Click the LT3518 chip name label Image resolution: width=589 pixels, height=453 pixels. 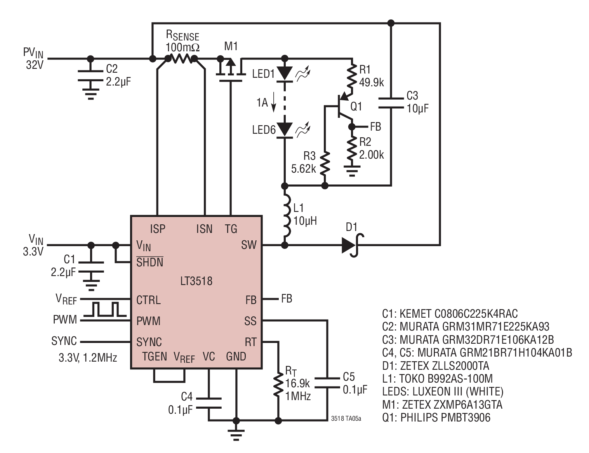196,281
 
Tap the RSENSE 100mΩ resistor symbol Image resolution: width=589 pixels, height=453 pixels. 181,58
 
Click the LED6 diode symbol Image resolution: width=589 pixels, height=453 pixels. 284,130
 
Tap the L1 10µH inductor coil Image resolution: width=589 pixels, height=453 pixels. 287,216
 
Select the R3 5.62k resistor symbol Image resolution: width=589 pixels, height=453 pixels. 325,163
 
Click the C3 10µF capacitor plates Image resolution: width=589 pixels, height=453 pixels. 391,103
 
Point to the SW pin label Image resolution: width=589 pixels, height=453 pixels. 248,245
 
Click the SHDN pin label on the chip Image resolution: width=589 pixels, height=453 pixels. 149,262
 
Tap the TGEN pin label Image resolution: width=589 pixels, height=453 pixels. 155,357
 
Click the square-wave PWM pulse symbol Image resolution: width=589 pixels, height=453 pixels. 105,309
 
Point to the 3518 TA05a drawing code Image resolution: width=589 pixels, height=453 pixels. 346,418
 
